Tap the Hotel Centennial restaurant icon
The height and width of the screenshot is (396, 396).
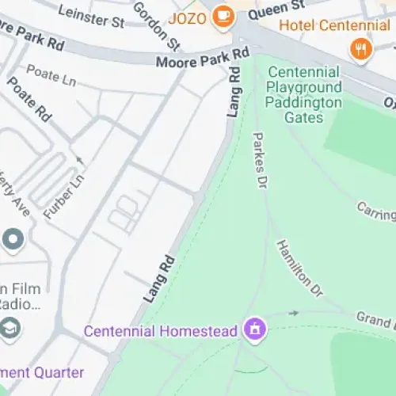click(360, 49)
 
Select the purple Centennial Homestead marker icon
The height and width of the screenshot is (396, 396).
click(255, 328)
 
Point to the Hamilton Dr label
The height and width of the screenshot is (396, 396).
click(299, 268)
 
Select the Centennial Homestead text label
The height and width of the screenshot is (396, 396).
click(161, 331)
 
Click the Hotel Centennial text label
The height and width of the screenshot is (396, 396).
click(334, 25)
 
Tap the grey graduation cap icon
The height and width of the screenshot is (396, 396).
click(11, 327)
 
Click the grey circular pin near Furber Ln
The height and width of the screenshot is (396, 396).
click(13, 237)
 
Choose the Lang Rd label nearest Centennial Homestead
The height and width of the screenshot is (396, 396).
click(158, 277)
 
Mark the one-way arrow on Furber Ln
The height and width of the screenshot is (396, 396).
click(78, 162)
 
